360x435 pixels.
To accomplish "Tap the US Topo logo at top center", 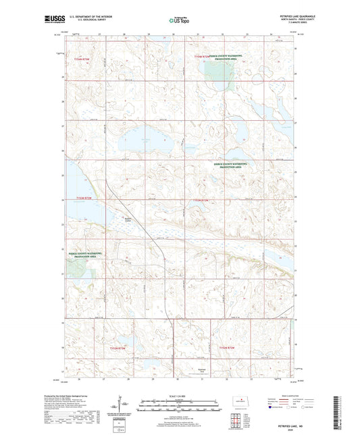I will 179,21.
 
